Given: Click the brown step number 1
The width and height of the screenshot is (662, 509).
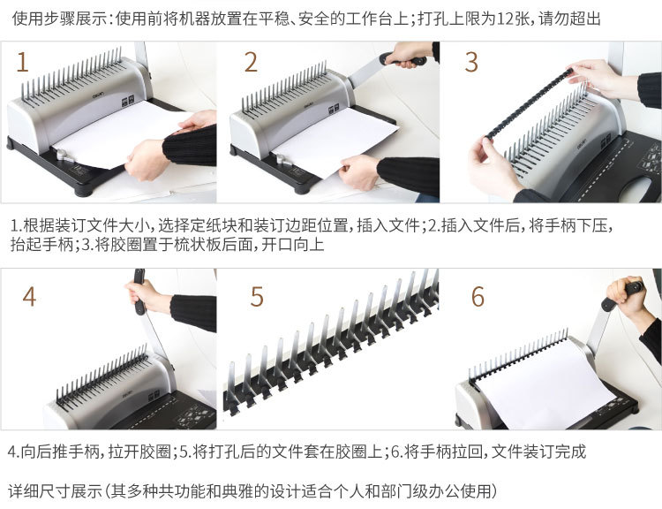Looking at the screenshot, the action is pos(22,62).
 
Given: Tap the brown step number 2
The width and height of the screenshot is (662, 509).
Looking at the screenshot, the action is pos(251,62).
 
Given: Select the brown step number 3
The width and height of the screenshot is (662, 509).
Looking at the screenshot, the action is pos(471,62).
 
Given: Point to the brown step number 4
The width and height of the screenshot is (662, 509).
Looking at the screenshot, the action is pos(29,296).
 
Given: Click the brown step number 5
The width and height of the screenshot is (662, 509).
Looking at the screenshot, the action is pos(257,296).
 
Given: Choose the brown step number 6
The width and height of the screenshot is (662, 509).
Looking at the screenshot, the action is pos(478,296).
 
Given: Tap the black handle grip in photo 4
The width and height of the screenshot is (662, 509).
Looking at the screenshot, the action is pos(139,292).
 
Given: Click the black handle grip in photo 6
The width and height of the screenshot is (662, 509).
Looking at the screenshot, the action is pos(622,294).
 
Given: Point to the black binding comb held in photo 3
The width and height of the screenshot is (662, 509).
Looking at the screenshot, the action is pos(529,103).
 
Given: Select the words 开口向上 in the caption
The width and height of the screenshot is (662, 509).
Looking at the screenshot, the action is pos(292,245).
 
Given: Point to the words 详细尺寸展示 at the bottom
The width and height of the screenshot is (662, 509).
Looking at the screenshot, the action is pos(55,491).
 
